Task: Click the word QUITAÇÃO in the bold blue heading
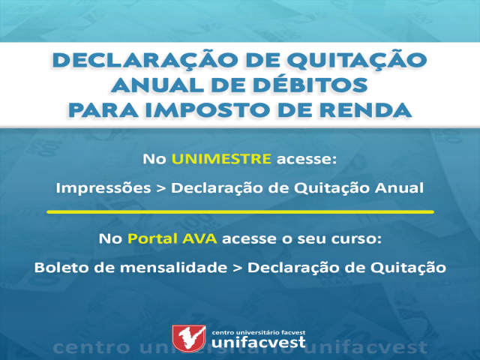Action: click(x=357, y=61)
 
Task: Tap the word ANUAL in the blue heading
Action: click(x=157, y=85)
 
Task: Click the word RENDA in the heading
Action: click(x=365, y=110)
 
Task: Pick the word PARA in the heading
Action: click(x=103, y=110)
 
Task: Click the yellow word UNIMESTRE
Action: click(x=221, y=159)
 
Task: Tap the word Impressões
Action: click(x=103, y=188)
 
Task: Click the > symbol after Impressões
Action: click(x=161, y=188)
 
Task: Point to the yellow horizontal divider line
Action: click(x=240, y=211)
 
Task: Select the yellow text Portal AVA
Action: click(x=172, y=238)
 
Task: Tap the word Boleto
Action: click(x=61, y=268)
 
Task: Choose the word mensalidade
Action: click(x=173, y=268)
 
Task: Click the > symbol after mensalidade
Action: click(x=237, y=268)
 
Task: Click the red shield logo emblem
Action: click(x=188, y=338)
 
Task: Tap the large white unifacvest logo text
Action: click(x=258, y=342)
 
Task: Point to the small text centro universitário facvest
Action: click(x=258, y=332)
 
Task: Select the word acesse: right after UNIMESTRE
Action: click(x=307, y=159)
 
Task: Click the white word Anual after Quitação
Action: click(x=399, y=187)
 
